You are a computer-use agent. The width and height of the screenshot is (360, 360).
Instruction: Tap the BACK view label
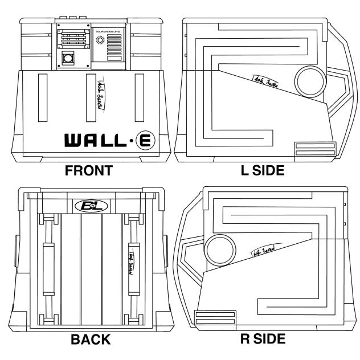(x=90, y=340)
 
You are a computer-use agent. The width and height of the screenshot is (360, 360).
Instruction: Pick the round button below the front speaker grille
(x=69, y=58)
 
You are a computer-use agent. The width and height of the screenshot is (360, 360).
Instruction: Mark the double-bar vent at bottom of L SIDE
(x=311, y=150)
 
